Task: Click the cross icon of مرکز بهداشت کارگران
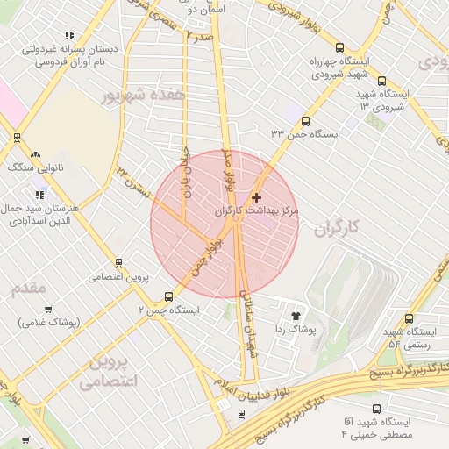(x=256, y=197)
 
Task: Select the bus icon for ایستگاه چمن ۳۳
(x=305, y=121)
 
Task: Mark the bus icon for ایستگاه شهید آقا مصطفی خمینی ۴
(x=377, y=408)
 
